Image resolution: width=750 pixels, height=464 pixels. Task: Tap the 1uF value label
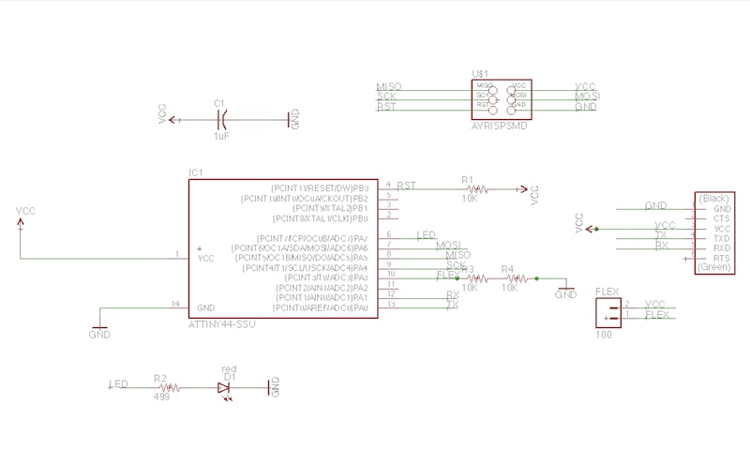point(221,137)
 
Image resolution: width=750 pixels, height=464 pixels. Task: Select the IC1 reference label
point(195,172)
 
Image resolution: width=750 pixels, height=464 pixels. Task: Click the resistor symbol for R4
point(510,277)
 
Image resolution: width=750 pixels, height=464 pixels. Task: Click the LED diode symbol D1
point(224,386)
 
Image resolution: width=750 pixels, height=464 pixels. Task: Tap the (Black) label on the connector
point(714,199)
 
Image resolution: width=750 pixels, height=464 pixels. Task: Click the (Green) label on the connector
point(714,268)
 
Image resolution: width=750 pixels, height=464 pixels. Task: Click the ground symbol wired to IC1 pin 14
point(98,331)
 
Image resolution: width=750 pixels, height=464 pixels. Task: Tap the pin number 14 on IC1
point(174,305)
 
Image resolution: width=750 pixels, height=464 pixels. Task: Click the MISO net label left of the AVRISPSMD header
point(388,86)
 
